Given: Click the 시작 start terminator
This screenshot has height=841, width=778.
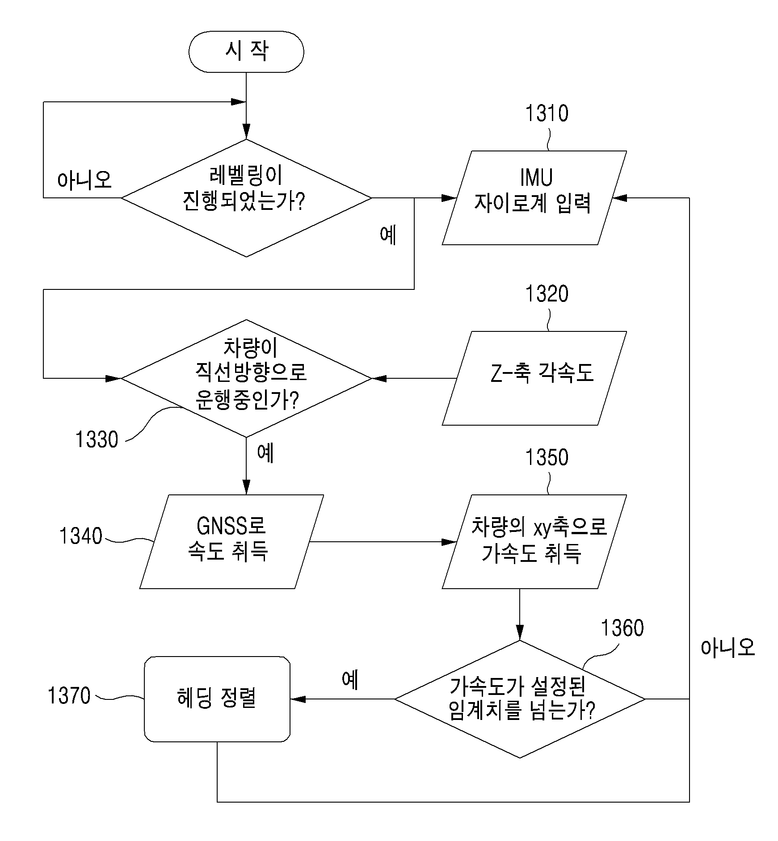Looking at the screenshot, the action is (246, 51).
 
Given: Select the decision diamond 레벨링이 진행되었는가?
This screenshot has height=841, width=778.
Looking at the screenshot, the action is (246, 198).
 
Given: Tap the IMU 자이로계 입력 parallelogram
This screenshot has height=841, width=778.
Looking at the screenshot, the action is (534, 197).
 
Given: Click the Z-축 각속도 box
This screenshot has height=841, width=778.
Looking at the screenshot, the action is (534, 378).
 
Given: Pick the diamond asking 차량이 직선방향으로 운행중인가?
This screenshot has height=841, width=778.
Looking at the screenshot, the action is (246, 378).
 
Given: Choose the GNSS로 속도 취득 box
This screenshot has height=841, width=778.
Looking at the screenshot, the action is (231, 541).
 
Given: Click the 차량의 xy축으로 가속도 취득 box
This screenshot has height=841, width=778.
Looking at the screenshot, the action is (534, 541).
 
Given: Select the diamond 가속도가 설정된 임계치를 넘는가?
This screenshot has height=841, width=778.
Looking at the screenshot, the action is (520, 699).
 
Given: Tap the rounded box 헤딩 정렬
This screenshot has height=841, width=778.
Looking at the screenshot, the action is (217, 699).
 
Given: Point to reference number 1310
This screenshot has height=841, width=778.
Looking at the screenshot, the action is (547, 113).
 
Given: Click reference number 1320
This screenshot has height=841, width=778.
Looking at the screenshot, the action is (547, 293).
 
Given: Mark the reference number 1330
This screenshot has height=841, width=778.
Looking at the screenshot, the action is (97, 439).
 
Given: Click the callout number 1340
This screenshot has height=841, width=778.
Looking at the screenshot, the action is (81, 536).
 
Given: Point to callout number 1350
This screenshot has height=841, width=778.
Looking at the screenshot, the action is (547, 457).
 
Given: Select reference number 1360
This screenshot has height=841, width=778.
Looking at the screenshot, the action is (622, 628).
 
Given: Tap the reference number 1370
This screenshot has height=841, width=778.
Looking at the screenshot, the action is (69, 695).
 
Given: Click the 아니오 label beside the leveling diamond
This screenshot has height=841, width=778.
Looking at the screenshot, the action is (84, 180).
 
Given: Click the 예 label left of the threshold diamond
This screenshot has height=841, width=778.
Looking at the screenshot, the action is (350, 680).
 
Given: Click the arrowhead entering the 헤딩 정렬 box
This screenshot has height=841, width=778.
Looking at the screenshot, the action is (298, 699).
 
